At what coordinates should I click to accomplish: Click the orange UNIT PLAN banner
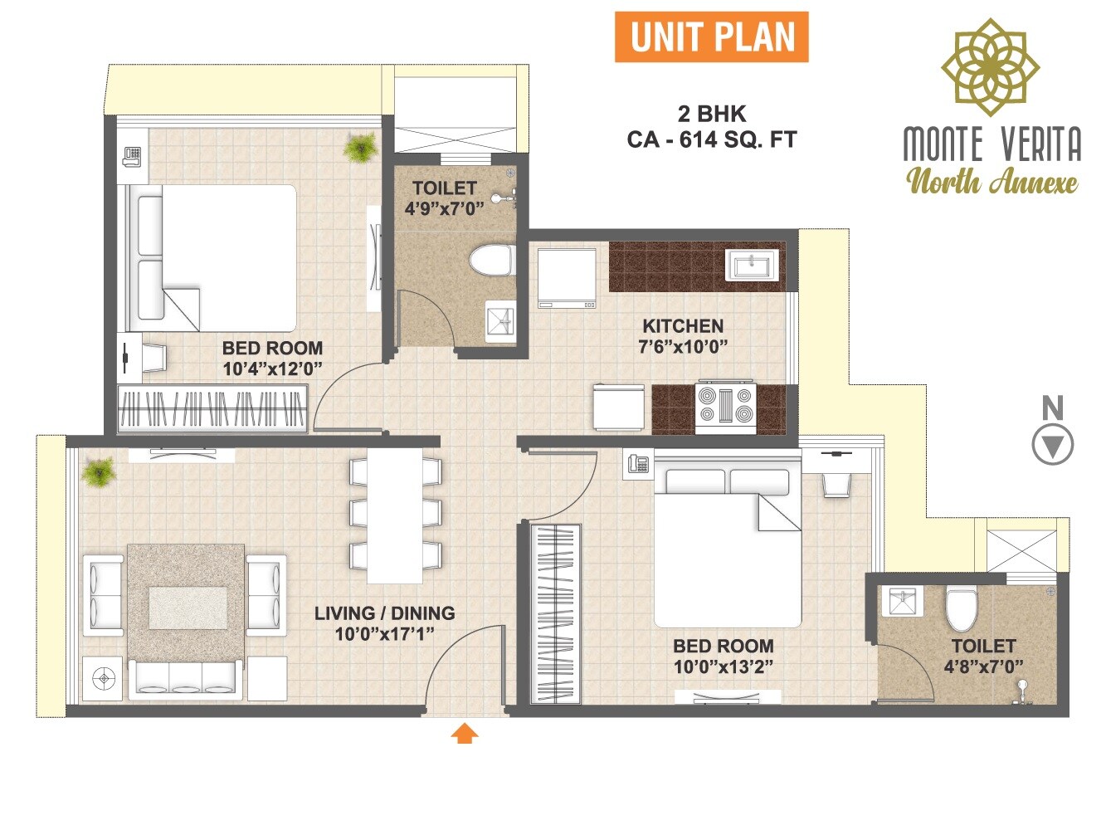tap(711, 37)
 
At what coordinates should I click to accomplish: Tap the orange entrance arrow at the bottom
tap(465, 733)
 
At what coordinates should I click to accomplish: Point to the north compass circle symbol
tap(1052, 445)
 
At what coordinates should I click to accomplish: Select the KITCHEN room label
tap(683, 325)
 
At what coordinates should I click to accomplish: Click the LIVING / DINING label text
tap(384, 613)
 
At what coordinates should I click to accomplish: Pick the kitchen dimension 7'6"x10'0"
tap(683, 346)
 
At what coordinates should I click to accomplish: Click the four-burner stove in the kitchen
tap(725, 407)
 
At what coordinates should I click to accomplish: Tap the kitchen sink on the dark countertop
tap(753, 266)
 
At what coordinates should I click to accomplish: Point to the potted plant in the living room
tap(98, 472)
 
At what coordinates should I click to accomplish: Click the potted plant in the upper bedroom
tap(361, 149)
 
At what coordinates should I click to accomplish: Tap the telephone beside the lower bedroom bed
tap(638, 464)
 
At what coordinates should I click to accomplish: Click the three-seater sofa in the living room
tap(187, 678)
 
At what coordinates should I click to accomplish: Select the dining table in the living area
tap(395, 515)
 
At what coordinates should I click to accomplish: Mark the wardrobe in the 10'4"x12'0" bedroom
tap(212, 408)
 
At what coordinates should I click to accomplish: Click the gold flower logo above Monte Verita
tap(990, 66)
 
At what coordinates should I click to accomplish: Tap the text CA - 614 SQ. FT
tap(711, 139)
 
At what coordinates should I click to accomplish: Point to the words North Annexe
tap(992, 181)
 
